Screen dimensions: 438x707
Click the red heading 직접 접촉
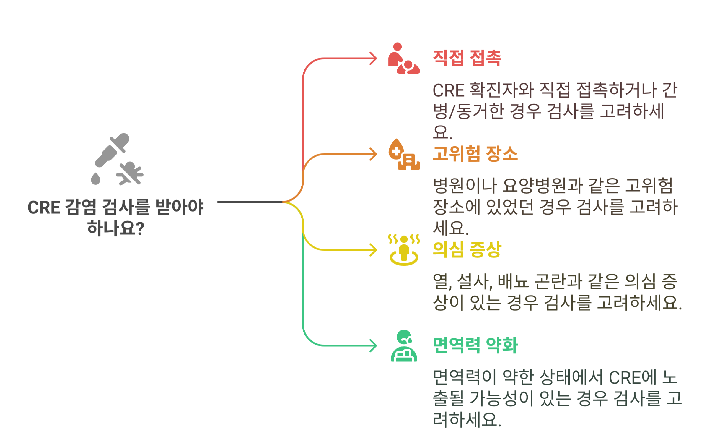pos(467,58)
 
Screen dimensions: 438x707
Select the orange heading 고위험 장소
pos(475,154)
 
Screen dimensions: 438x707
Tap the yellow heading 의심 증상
pos(467,249)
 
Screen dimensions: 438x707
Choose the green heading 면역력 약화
pos(475,345)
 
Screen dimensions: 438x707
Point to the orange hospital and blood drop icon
pos(404,154)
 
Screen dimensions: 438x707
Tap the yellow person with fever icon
pos(404,250)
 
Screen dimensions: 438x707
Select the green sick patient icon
pos(404,346)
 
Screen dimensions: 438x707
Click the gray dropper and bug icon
pos(117,160)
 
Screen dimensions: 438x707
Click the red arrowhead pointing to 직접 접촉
pos(374,59)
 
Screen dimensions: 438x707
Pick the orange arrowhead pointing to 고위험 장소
pos(374,154)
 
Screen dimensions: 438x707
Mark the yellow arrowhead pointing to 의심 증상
pos(374,250)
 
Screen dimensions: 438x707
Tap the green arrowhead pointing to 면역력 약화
pos(374,346)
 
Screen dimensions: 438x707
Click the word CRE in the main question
pos(44,207)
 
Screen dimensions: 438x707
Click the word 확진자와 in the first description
pos(501,90)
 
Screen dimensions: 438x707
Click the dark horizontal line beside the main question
pos(250,202)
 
